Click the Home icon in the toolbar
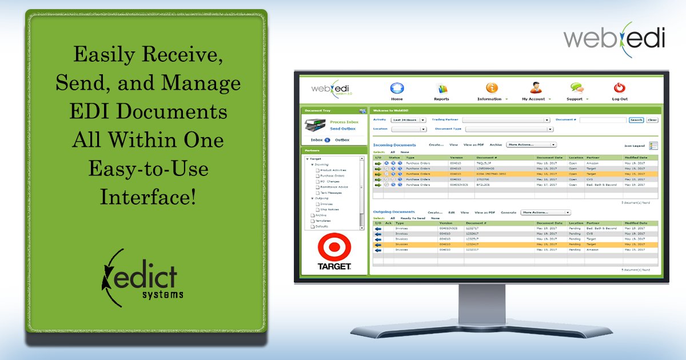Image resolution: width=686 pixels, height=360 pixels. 397,88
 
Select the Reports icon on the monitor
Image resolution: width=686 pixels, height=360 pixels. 441,89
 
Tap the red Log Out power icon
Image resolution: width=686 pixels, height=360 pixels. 619,88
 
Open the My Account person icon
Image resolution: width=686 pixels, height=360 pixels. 535,88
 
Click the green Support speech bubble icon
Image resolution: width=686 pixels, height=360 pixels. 576,88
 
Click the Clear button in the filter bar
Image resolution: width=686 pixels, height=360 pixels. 652,120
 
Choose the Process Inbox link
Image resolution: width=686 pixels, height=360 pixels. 344,122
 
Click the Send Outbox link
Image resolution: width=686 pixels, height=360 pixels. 342,129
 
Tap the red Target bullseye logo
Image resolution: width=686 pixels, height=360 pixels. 334,247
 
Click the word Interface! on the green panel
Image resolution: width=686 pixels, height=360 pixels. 147,197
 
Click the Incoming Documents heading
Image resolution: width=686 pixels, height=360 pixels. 394,145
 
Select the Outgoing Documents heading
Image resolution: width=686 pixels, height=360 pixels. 394,212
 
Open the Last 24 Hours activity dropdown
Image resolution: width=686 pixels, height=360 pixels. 408,120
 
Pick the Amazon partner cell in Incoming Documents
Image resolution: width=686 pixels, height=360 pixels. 593,163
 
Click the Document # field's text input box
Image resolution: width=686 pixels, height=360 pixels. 603,120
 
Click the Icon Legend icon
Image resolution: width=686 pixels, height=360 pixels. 653,146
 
